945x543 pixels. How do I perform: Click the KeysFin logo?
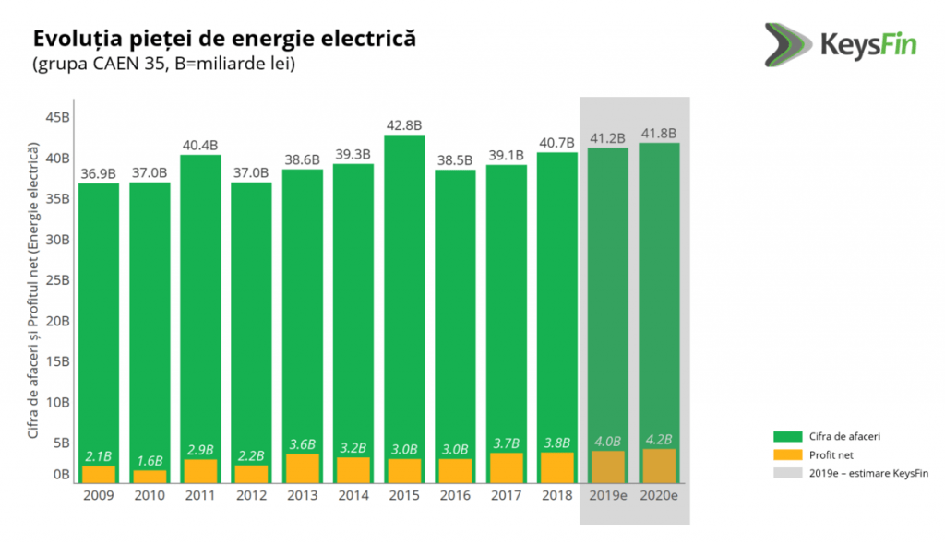pyautogui.click(x=838, y=42)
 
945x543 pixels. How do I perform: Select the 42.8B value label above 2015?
pyautogui.click(x=404, y=124)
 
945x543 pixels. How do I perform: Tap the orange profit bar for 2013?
pyautogui.click(x=303, y=468)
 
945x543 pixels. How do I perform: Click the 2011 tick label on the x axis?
pyautogui.click(x=200, y=495)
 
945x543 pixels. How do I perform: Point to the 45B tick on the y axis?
pyautogui.click(x=58, y=117)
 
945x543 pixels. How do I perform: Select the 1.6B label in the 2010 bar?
pyautogui.click(x=150, y=460)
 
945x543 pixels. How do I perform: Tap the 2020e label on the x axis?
pyautogui.click(x=660, y=495)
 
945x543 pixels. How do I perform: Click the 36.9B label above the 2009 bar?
pyautogui.click(x=98, y=172)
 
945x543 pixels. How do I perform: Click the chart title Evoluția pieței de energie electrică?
pyautogui.click(x=224, y=40)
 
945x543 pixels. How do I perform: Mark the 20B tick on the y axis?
pyautogui.click(x=58, y=321)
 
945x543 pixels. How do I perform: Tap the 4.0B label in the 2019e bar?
pyautogui.click(x=608, y=441)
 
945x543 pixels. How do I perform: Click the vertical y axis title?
pyautogui.click(x=33, y=290)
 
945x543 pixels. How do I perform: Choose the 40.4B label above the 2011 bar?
pyautogui.click(x=200, y=144)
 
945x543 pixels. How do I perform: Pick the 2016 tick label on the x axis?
pyautogui.click(x=456, y=495)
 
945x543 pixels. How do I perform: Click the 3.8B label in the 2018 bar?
pyautogui.click(x=557, y=443)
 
